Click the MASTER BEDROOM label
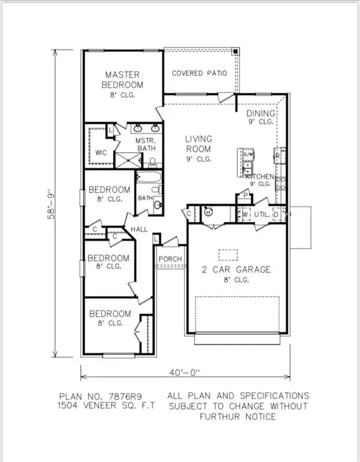tap(123, 79)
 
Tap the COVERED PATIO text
tap(199, 73)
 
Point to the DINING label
tap(261, 113)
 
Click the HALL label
tap(140, 229)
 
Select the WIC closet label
tap(101, 153)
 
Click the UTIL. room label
tap(261, 214)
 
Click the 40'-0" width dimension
tap(185, 372)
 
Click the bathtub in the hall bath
tap(148, 177)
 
